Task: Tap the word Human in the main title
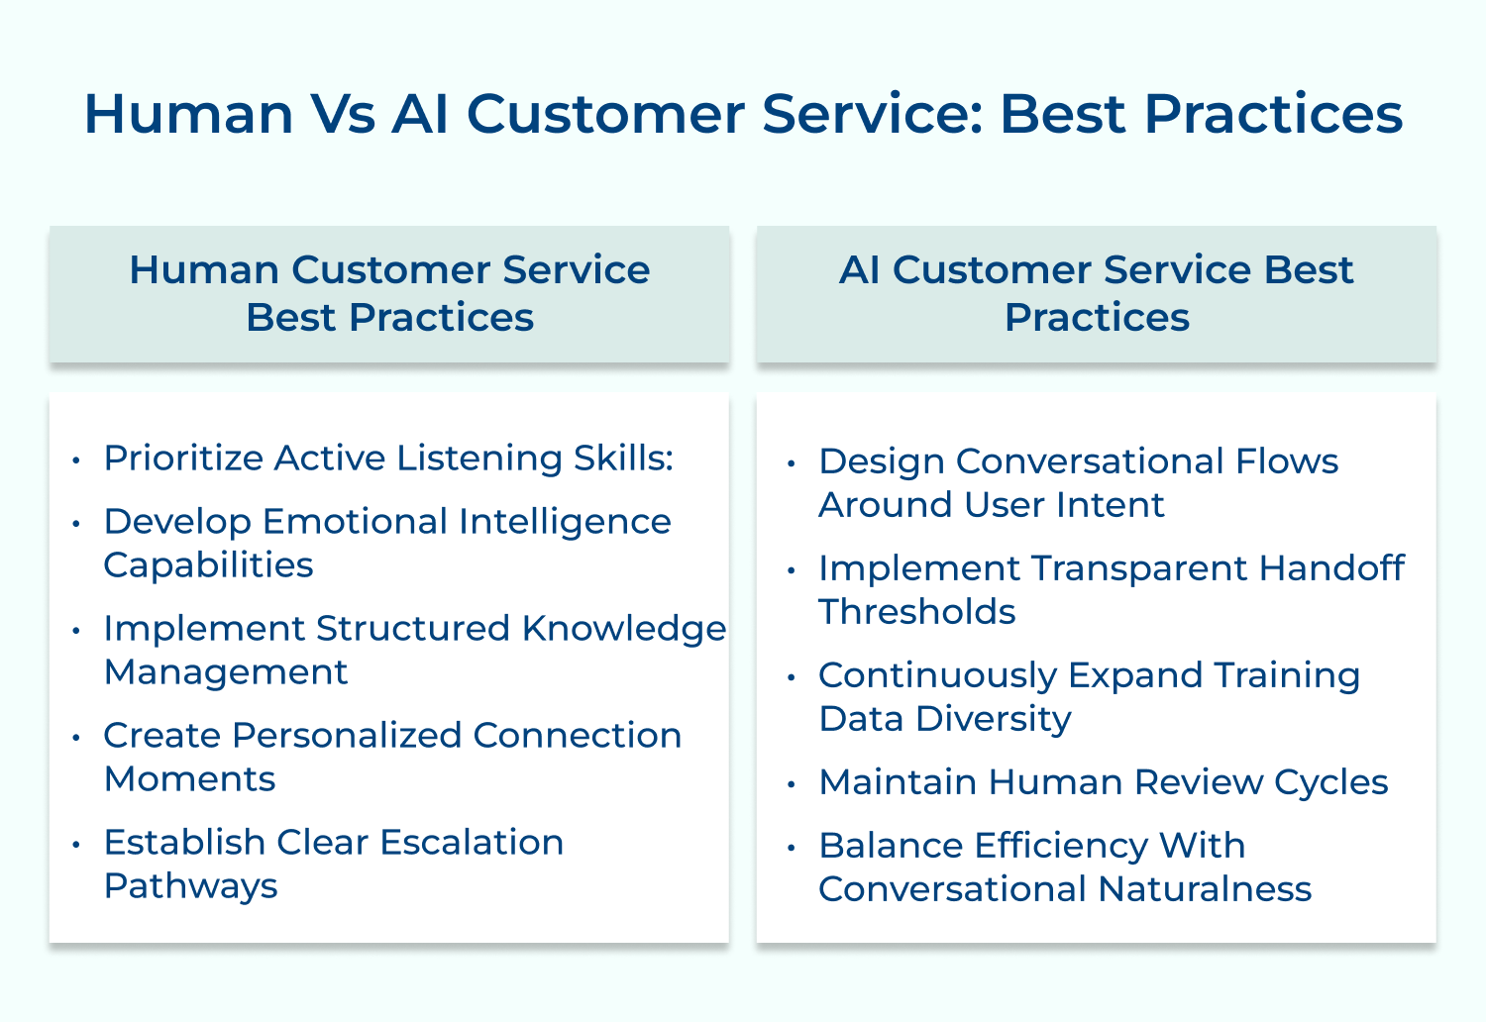188,114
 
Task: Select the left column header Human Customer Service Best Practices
389,293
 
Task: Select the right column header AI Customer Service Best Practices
1096,293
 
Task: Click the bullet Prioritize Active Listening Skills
388,459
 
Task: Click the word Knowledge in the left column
624,629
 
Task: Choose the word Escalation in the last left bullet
472,843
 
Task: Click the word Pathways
190,886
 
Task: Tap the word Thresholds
916,612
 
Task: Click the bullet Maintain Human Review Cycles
1103,782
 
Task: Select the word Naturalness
1205,889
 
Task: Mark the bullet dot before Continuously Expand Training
791,677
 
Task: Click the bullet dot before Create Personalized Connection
75,738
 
